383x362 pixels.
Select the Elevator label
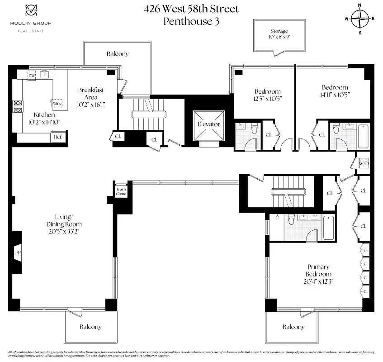tap(208, 124)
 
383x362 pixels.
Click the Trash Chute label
tap(121, 191)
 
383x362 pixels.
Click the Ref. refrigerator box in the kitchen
tap(58, 136)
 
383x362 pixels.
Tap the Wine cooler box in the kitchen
tap(57, 103)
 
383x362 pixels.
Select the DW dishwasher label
tap(32, 75)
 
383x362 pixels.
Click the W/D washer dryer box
tap(364, 163)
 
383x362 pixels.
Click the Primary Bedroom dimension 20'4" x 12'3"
tap(312, 281)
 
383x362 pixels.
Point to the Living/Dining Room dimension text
tap(64, 231)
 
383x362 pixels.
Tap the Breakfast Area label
tap(90, 93)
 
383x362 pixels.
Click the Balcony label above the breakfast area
tap(118, 54)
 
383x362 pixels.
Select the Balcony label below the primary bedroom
tap(293, 327)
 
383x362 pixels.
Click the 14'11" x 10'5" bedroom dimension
tap(335, 95)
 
